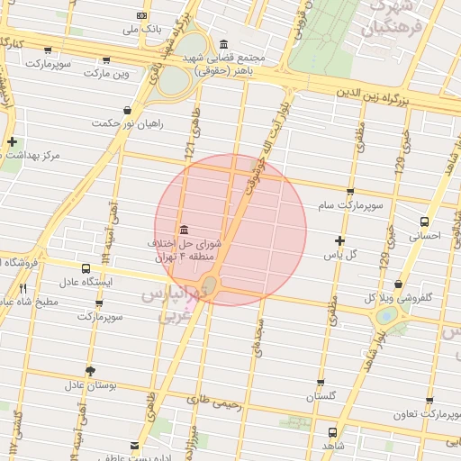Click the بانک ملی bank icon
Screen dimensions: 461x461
[141, 15]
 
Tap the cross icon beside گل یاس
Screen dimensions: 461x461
[339, 240]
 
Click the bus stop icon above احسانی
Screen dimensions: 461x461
[424, 221]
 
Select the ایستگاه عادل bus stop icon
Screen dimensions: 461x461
[86, 268]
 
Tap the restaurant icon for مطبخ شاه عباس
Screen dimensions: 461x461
[22, 288]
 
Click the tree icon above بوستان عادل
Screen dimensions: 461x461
[90, 371]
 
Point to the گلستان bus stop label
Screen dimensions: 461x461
[321, 396]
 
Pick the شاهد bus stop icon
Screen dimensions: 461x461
[333, 432]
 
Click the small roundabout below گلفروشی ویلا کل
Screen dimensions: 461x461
[387, 316]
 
